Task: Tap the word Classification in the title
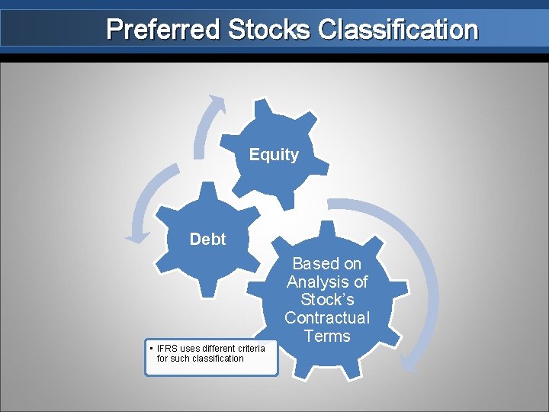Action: pos(398,30)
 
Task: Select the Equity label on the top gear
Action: pos(274,155)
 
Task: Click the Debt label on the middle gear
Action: pos(207,240)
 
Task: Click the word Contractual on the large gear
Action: pos(326,318)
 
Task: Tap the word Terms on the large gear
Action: pos(326,336)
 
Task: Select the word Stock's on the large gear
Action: pos(326,300)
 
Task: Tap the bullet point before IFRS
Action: pos(151,349)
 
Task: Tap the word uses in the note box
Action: pos(188,349)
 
